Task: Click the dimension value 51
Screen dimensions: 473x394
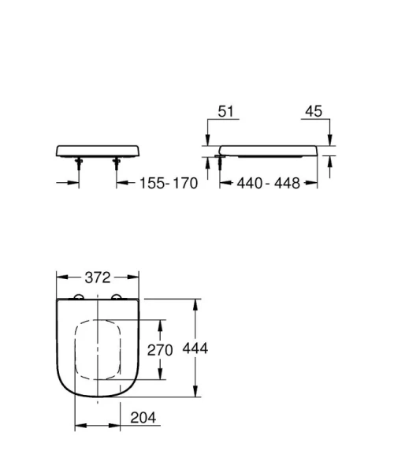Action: [226, 113]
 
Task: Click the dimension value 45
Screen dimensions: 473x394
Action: [312, 113]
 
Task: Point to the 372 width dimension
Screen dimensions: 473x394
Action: [99, 277]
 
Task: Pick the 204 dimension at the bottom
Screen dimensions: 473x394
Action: [139, 417]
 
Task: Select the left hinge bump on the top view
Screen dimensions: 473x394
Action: [80, 297]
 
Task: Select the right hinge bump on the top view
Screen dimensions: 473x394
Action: [118, 297]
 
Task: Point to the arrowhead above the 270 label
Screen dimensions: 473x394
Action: [162, 324]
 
